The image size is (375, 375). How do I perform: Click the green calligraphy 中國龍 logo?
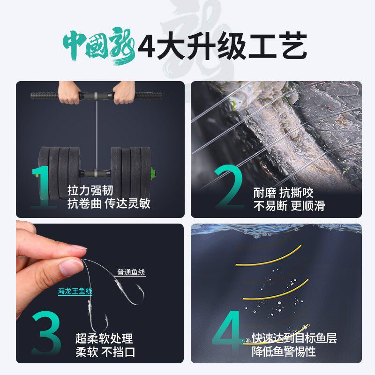[99, 45]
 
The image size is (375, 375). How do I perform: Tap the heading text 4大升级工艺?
[222, 46]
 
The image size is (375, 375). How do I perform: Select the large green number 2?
[229, 186]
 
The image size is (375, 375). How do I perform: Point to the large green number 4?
[228, 330]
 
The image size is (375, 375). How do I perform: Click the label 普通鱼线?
[131, 272]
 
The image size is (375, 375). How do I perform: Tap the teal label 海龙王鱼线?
[75, 291]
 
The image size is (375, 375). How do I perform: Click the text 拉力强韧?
[90, 190]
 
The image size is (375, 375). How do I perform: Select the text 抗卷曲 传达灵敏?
[109, 203]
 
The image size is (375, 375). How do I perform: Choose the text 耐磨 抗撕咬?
[284, 193]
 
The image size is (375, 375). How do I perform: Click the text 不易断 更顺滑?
[289, 206]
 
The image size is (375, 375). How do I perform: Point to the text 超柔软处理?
[104, 338]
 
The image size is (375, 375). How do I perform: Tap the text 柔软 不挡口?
[105, 352]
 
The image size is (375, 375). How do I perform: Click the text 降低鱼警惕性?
[284, 352]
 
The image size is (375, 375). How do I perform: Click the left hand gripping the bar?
[69, 93]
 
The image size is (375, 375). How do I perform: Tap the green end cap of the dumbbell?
[152, 172]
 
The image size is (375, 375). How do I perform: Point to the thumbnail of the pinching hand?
[69, 267]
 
